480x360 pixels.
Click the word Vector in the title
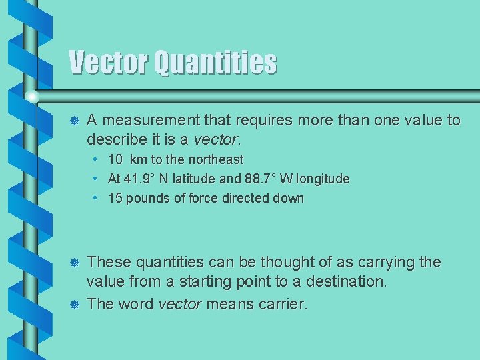pyautogui.click(x=109, y=63)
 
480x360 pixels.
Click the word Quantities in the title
pyautogui.click(x=215, y=63)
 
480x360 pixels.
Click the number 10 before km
pyautogui.click(x=115, y=160)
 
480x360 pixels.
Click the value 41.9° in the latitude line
pyautogui.click(x=142, y=179)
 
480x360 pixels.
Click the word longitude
pyautogui.click(x=322, y=179)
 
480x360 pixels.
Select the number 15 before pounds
pyautogui.click(x=115, y=198)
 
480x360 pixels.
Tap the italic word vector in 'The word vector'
pyautogui.click(x=180, y=305)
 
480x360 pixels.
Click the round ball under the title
pyautogui.click(x=31, y=97)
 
